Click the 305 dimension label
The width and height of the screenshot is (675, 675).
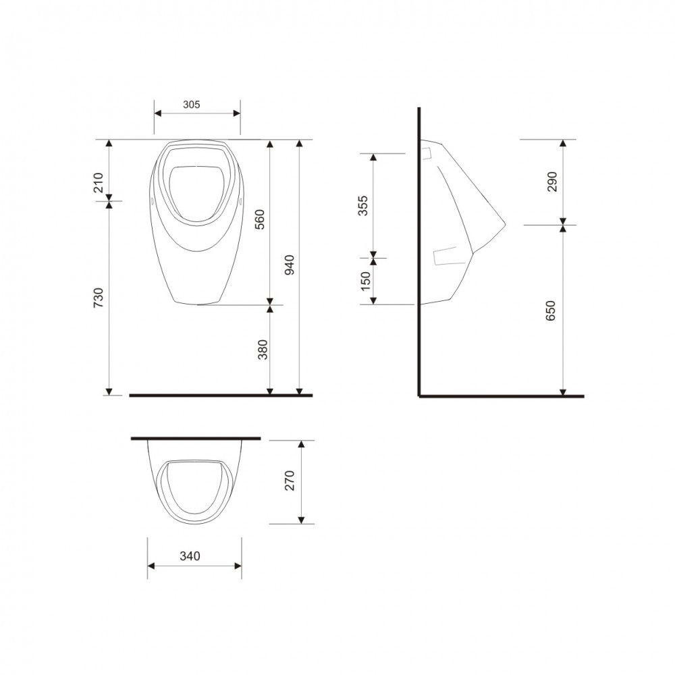pyautogui.click(x=192, y=105)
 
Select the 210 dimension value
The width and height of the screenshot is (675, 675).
pyautogui.click(x=99, y=182)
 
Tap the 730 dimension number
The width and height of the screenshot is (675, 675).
pyautogui.click(x=99, y=298)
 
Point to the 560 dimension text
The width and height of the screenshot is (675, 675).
pyautogui.click(x=260, y=219)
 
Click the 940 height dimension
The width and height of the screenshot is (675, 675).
pyautogui.click(x=290, y=265)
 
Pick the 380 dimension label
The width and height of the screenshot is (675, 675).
pyautogui.click(x=262, y=350)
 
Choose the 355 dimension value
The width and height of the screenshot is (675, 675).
pyautogui.click(x=363, y=206)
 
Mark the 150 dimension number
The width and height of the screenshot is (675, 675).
pyautogui.click(x=365, y=281)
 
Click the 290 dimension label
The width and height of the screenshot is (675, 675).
pyautogui.click(x=552, y=182)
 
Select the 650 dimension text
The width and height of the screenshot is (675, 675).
pyautogui.click(x=551, y=310)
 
